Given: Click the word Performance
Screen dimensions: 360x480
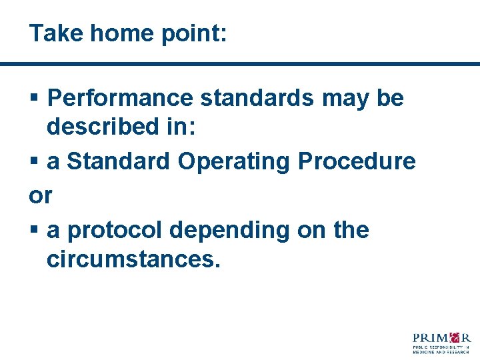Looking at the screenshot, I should coord(121,98).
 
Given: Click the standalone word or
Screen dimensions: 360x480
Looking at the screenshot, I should coord(41,196).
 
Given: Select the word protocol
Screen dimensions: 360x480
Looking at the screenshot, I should coord(115,230).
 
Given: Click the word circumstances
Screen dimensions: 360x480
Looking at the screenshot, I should coord(133,259).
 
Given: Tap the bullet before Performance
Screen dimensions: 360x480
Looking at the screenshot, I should coord(34,99).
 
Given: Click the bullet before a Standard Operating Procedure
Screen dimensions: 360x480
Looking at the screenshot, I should coord(34,161).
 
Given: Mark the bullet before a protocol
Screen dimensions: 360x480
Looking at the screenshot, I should coord(34,231).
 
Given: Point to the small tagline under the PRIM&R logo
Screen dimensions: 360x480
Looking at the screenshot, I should coord(442,349).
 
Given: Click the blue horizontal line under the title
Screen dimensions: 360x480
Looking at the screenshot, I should coord(240,64).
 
